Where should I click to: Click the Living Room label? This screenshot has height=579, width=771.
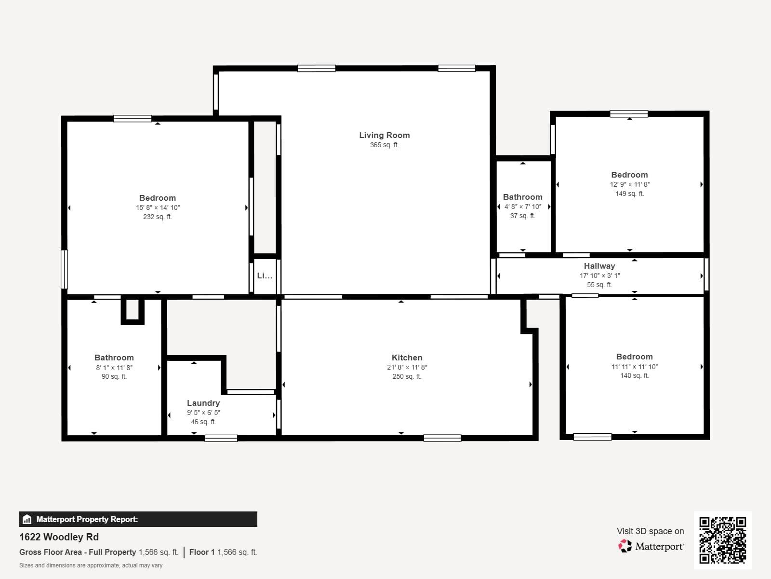[384, 135]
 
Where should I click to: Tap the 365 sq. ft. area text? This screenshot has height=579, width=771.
[384, 145]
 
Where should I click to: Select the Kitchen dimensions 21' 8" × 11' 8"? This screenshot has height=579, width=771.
[407, 367]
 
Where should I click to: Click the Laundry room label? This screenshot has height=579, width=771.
[203, 403]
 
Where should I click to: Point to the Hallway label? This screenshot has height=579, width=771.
[599, 266]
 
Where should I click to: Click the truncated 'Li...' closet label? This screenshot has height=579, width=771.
[265, 276]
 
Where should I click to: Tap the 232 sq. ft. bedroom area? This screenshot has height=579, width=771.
[157, 217]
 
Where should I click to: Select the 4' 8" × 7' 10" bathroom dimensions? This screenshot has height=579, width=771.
[522, 207]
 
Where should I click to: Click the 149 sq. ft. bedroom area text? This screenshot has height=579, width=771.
[629, 193]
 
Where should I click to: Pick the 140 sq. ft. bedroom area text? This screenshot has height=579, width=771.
[634, 375]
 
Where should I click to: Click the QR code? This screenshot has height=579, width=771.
[722, 540]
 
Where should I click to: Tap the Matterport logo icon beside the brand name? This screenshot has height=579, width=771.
[625, 546]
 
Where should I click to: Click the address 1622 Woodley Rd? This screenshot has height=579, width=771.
[59, 537]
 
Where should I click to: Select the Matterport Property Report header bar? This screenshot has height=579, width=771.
[138, 519]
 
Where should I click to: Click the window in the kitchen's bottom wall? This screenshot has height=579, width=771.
[442, 438]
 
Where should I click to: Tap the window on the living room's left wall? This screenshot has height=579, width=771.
[216, 92]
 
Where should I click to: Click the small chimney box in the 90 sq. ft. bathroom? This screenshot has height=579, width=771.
[132, 310]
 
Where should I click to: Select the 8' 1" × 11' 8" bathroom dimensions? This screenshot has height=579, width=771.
[114, 367]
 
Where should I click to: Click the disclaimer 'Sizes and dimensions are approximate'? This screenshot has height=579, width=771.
[91, 565]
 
